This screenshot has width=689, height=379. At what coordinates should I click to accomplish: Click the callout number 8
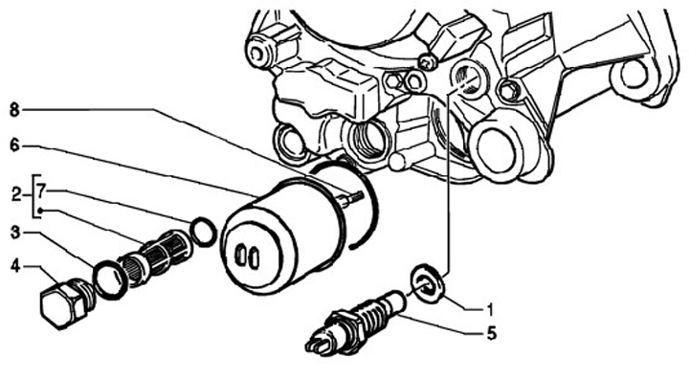14,110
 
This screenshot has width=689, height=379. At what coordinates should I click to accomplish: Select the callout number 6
15,145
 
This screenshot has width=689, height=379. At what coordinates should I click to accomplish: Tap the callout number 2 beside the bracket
16,194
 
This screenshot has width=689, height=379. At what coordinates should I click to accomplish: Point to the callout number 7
41,190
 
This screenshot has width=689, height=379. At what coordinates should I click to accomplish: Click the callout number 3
15,233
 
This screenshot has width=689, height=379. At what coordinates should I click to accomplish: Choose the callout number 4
15,266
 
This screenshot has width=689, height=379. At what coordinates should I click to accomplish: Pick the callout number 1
490,310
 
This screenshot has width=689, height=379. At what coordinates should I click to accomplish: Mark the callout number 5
492,333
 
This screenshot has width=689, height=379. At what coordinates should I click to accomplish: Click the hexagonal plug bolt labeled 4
66,303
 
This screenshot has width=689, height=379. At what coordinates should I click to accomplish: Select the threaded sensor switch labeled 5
357,322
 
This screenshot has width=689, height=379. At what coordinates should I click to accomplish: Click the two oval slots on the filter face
247,256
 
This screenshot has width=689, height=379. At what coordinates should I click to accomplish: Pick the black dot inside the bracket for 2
40,211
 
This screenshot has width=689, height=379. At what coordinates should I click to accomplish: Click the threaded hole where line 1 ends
467,78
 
